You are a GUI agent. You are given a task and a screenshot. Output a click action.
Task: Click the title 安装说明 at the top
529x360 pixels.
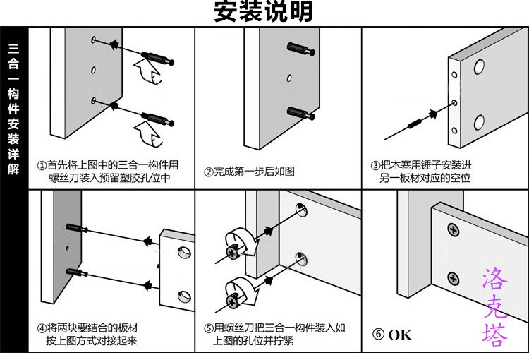coord(262,12)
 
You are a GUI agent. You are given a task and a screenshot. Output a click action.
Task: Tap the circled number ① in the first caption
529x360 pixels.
coord(42,165)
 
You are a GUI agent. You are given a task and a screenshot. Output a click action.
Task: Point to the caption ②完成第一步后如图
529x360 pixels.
coord(249,172)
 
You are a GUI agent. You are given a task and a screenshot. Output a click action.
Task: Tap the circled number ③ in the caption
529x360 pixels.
coord(375,165)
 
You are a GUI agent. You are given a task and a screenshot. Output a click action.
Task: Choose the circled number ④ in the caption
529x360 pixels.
coord(42,329)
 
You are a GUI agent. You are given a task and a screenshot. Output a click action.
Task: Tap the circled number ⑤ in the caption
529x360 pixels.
coord(209,329)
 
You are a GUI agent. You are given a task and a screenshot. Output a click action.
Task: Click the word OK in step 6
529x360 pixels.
coord(399,335)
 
